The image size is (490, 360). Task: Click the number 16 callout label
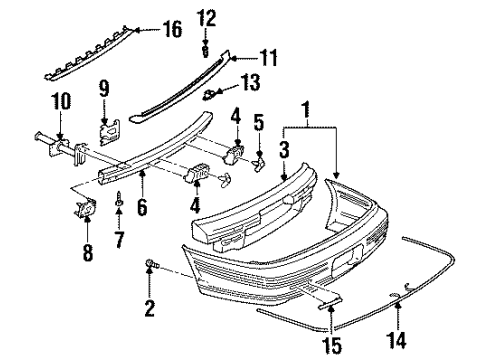click(x=172, y=31)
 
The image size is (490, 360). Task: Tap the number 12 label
click(x=205, y=17)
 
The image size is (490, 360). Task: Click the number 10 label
click(x=62, y=100)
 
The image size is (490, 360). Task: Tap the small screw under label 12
click(x=205, y=44)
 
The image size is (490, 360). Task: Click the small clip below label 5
click(x=264, y=156)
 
